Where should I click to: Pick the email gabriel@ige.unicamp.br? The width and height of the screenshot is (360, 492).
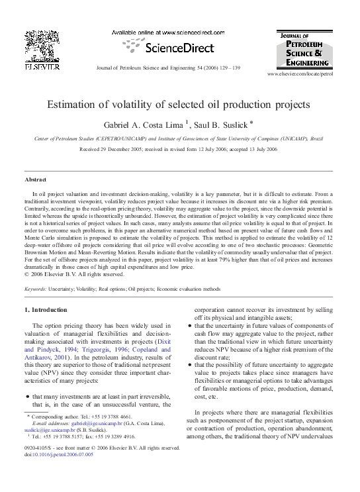pos(89,422)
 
